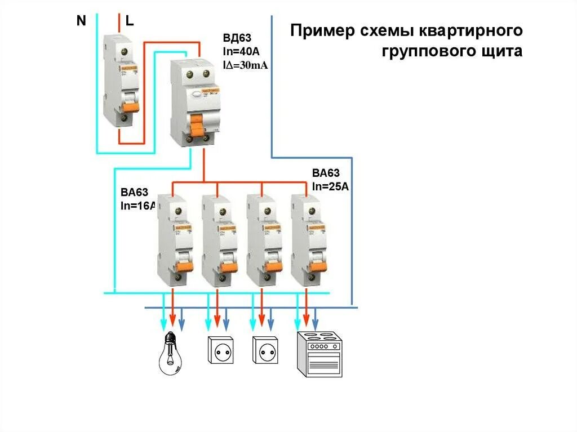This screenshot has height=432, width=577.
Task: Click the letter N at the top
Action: tap(81, 21)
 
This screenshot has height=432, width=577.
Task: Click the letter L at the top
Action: tap(130, 21)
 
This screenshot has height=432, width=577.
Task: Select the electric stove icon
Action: tap(319, 354)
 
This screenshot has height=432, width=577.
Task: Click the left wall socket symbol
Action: tap(220, 350)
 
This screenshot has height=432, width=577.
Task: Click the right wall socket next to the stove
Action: tap(265, 350)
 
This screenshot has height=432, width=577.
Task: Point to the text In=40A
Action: tap(242, 52)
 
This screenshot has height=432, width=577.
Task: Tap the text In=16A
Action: tap(137, 206)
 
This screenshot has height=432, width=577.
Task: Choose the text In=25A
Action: tap(331, 187)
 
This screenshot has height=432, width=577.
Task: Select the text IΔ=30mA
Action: tap(246, 65)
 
